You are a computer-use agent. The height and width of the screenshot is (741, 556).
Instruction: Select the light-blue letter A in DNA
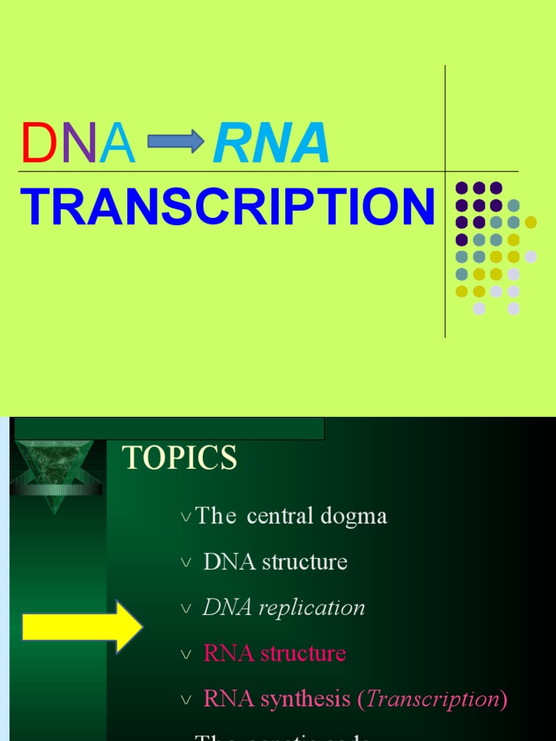point(117,143)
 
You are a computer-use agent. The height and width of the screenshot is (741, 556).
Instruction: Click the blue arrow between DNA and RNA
point(176,141)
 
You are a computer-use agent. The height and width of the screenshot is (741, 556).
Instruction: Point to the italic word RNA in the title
point(271,143)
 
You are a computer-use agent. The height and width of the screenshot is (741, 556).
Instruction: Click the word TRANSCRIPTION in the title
point(227,208)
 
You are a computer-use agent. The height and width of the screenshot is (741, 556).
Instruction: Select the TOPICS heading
point(180,459)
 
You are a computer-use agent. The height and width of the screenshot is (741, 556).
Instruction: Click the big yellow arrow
point(82,627)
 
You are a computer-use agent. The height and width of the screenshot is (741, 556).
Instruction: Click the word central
point(277,517)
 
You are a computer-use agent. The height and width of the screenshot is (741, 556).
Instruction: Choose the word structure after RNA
point(303,653)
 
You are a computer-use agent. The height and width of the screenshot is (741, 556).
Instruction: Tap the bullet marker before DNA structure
point(187,563)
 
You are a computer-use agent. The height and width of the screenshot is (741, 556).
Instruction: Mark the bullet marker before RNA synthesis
point(187,700)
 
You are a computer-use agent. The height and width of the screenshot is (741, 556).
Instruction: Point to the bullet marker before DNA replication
point(187,609)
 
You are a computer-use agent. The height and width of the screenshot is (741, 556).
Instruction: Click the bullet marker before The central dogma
point(187,517)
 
